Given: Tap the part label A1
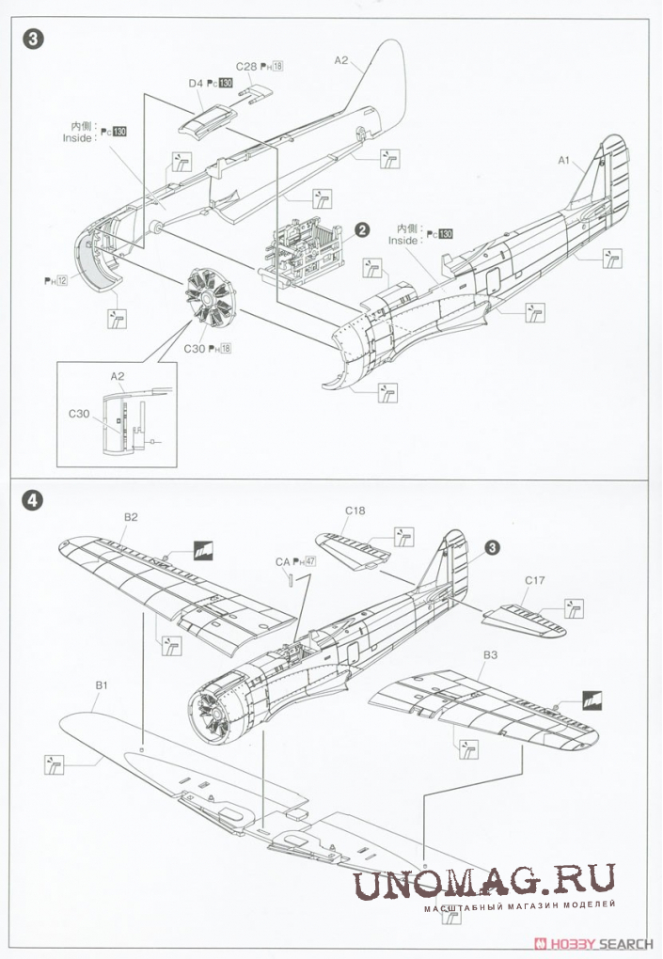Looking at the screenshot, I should coord(565,161).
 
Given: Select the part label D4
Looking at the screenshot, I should coord(196,84).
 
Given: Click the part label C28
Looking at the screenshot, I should coord(246,66).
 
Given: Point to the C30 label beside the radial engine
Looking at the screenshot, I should coord(197,349).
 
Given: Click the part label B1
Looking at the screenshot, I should coord(103,685).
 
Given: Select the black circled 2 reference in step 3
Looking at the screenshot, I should coord(360,228).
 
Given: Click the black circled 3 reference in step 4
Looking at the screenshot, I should coord(493,547).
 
